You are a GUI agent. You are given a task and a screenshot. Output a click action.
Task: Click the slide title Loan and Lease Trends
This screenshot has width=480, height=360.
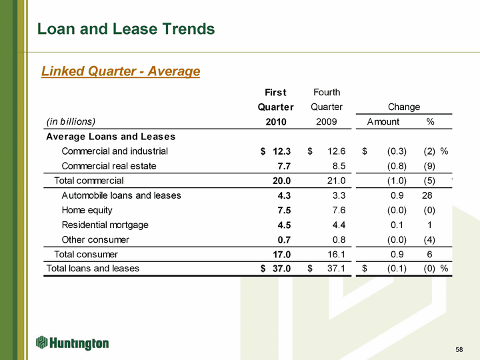point(127,29)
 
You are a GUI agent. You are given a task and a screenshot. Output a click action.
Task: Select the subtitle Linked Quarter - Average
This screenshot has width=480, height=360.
point(121,71)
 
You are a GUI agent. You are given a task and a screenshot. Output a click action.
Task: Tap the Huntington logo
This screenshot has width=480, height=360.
point(73,343)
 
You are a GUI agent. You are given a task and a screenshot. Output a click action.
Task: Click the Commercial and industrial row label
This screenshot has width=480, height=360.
point(115,151)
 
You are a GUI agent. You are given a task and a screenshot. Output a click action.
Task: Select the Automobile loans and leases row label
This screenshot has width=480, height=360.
point(121,195)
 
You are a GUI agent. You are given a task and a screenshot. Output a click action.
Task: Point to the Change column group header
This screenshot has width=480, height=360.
point(404,107)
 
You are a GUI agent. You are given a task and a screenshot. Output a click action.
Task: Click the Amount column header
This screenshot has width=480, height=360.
point(383,121)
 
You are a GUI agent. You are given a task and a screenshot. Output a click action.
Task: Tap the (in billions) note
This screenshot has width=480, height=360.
point(71,121)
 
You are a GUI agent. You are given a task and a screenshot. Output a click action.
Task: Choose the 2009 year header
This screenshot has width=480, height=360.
point(326,121)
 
